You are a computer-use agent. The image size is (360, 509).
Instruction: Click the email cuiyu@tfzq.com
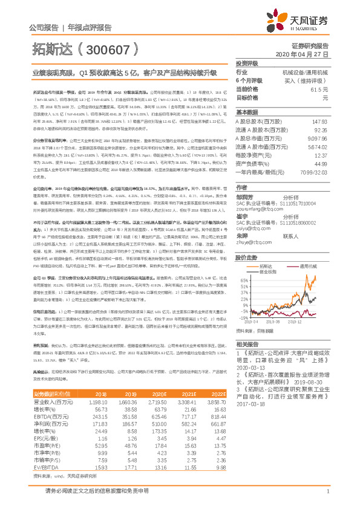point(253,212)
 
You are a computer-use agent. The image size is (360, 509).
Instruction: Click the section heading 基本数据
point(247,112)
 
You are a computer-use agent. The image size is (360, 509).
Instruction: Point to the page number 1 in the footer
point(327,499)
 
